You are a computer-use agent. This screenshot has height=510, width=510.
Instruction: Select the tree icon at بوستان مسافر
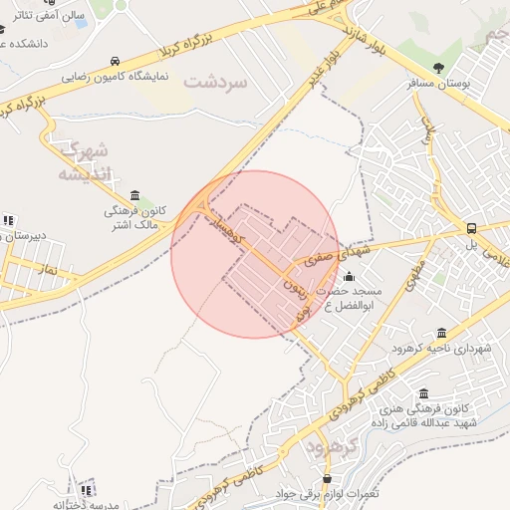pos(439,68)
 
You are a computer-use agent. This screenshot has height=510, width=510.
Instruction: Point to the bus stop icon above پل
pos(472,228)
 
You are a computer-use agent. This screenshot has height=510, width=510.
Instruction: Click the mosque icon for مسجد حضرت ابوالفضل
pos(348,276)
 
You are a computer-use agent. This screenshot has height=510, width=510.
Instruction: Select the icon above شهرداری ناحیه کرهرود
pos(441,333)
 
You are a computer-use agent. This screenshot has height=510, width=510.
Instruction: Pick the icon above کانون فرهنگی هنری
pos(425,393)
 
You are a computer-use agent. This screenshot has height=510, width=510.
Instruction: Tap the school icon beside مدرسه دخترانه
pos(88,489)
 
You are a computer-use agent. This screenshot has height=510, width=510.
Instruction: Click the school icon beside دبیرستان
pos(9,220)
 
